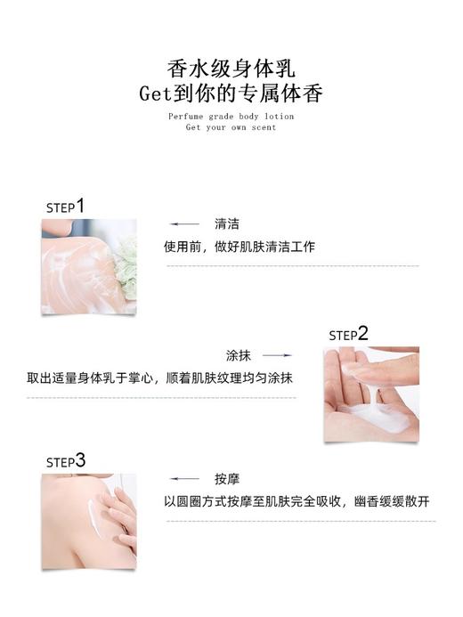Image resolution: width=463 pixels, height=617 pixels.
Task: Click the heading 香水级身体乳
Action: point(231,68)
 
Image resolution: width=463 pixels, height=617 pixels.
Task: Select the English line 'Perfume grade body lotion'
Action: point(231,116)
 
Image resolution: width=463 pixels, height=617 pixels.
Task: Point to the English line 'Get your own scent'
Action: point(231,127)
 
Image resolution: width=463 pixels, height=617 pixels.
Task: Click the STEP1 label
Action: point(65,207)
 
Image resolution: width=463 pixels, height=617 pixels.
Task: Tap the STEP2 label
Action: point(348,335)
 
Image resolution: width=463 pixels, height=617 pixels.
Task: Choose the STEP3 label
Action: point(66,461)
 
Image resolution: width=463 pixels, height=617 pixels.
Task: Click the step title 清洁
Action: point(227,224)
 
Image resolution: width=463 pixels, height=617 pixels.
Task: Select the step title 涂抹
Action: point(239,353)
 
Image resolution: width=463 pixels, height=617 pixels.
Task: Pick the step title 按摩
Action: point(227,479)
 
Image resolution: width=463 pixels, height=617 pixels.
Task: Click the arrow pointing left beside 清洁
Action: point(184,224)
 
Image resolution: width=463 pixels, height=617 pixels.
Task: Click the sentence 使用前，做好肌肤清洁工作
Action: point(239,247)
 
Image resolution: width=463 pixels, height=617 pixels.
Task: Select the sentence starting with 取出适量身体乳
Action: point(161,378)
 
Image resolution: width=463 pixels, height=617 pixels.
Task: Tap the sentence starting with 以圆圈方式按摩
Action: point(299,501)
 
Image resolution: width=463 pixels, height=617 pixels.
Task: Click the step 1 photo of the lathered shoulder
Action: point(88,266)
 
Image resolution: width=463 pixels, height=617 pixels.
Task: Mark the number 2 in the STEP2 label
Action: point(362,333)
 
